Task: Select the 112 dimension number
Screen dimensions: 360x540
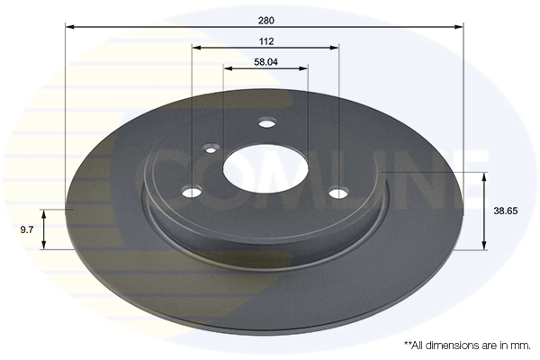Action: coord(265,40)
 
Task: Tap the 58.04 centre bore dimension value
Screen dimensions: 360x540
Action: coord(265,62)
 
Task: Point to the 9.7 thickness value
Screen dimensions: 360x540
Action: coord(26,229)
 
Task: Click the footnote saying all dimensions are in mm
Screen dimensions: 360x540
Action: coord(465,345)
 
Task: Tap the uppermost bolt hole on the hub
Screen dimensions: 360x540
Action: coord(265,122)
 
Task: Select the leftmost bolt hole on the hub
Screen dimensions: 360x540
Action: coord(192,191)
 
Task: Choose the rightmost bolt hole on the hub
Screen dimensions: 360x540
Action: coord(338,192)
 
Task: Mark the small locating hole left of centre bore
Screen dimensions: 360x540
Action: coord(212,148)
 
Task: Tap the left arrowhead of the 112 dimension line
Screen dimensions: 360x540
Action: coord(195,48)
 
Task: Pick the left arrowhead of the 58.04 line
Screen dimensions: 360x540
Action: coord(227,68)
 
